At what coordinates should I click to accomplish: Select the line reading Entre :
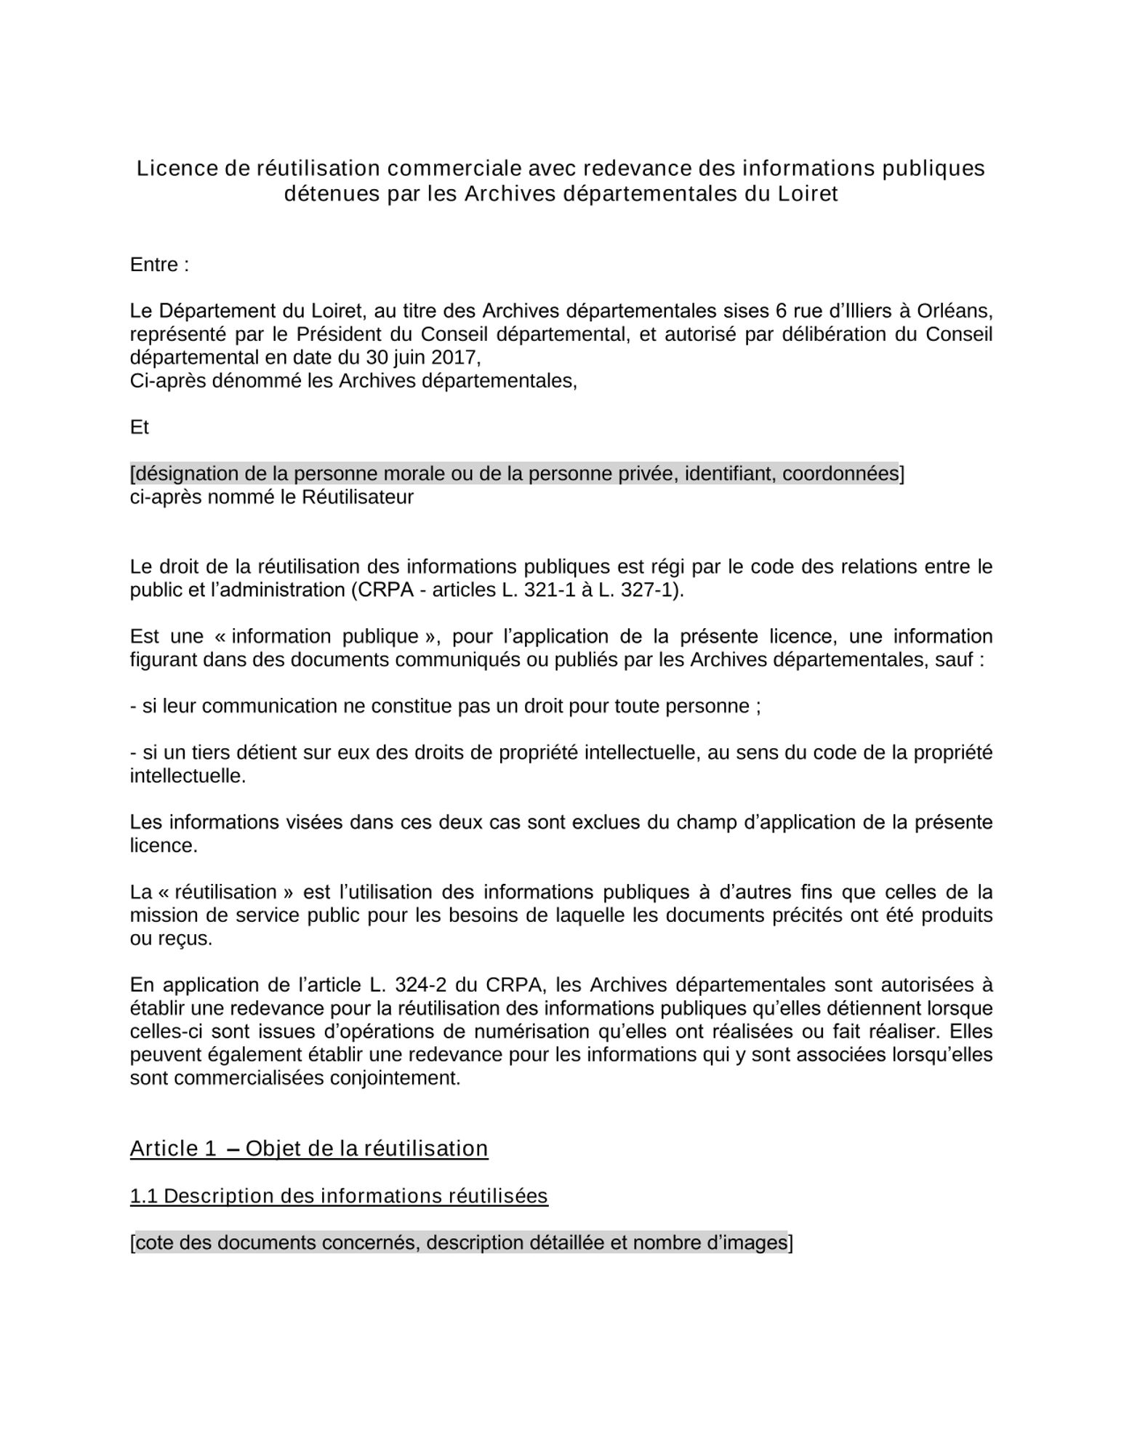click(159, 265)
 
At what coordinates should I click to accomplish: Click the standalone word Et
click(139, 427)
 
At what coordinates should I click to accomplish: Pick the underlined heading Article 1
click(173, 1149)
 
